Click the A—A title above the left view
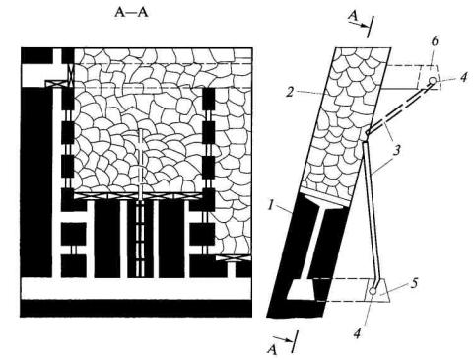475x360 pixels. pos(131,13)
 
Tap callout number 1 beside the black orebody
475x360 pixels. pos(271,205)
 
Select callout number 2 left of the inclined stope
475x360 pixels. pos(290,92)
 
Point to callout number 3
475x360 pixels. pos(397,150)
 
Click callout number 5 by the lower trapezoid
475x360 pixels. pos(414,283)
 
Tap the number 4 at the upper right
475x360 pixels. pos(463,78)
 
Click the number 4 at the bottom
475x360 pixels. pos(357,333)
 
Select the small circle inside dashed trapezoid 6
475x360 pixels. pos(433,81)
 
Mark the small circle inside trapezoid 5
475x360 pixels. pos(373,291)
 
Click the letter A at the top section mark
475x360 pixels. pos(353,15)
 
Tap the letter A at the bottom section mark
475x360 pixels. pos(271,350)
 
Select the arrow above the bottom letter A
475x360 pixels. pos(283,339)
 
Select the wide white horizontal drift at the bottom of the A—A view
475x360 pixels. pos(136,289)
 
